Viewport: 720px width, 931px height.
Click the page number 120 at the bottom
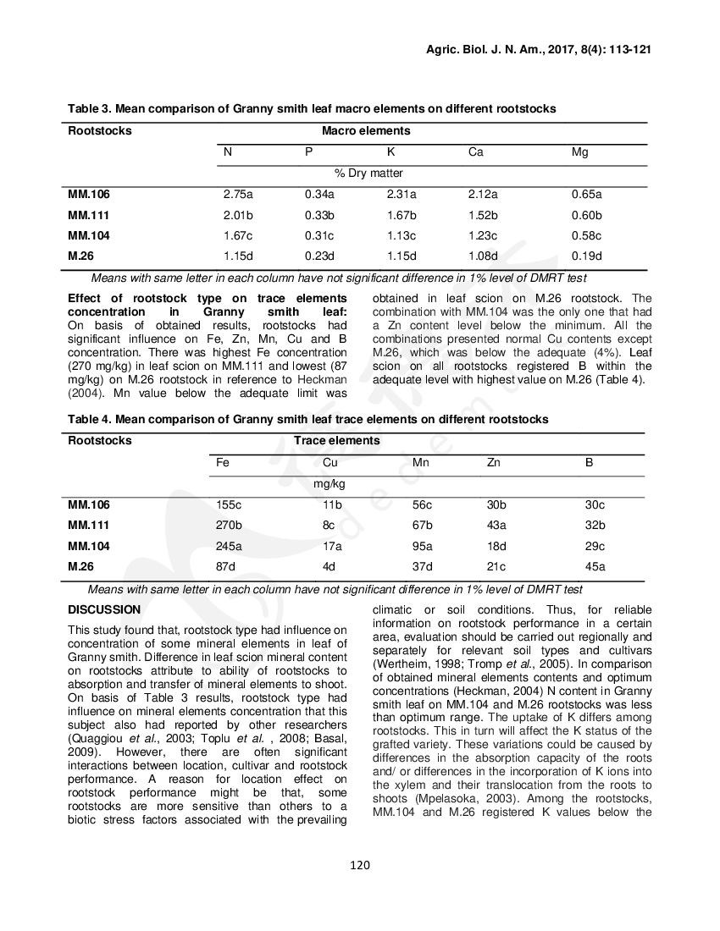(x=360, y=864)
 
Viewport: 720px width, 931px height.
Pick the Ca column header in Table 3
(x=476, y=152)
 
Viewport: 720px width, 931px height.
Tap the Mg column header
(x=579, y=152)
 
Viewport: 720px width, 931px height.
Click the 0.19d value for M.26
(x=586, y=256)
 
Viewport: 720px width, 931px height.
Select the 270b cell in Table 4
(x=229, y=526)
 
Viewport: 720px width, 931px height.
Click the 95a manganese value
(x=422, y=546)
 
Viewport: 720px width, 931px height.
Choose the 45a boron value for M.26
(x=595, y=567)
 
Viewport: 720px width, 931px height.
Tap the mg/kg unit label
(x=328, y=484)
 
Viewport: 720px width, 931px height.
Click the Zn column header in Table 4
(x=493, y=463)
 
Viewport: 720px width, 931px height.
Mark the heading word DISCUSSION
(x=104, y=609)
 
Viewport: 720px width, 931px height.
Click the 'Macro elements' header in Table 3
(x=366, y=131)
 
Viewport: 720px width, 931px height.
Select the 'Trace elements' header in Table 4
(x=336, y=441)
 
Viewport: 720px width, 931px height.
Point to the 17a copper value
(x=332, y=546)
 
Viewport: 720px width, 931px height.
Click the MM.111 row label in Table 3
(x=89, y=215)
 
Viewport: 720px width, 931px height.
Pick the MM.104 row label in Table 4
(x=89, y=546)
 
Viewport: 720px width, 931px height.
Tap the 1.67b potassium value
(x=401, y=215)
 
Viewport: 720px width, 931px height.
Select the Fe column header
(x=223, y=463)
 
